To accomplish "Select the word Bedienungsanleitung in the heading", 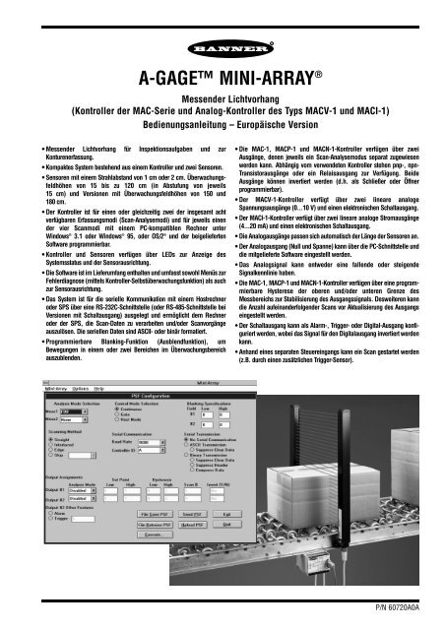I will (x=171, y=132).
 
